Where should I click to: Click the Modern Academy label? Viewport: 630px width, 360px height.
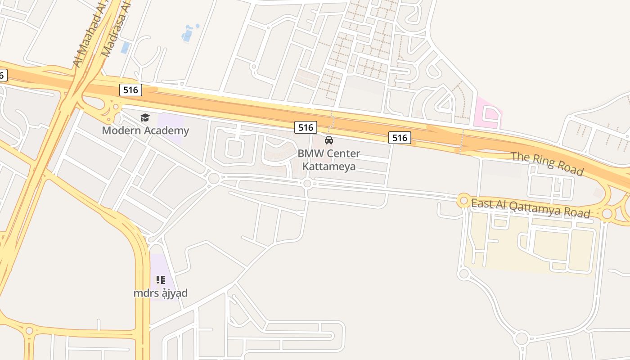145,131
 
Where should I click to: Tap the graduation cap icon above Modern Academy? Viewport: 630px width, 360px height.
145,118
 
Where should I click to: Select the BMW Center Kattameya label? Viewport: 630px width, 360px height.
329,160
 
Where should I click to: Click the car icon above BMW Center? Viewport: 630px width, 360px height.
329,140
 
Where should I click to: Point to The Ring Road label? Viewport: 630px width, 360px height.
547,164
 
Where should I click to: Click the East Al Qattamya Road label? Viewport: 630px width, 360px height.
530,208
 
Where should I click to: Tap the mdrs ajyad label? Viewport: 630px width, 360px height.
160,293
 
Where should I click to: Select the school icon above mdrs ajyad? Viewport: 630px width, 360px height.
160,280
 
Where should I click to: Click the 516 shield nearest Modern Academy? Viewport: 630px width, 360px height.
130,90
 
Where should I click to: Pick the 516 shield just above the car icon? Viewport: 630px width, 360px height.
306,127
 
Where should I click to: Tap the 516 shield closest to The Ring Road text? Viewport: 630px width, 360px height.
400,138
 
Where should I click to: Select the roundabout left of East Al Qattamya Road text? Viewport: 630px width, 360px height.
463,200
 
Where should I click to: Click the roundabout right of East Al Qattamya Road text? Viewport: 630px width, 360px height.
607,213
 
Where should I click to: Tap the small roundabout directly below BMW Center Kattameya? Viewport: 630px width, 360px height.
307,183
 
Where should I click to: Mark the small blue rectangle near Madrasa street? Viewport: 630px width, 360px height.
125,48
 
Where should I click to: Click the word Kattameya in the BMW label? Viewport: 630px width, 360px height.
329,166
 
